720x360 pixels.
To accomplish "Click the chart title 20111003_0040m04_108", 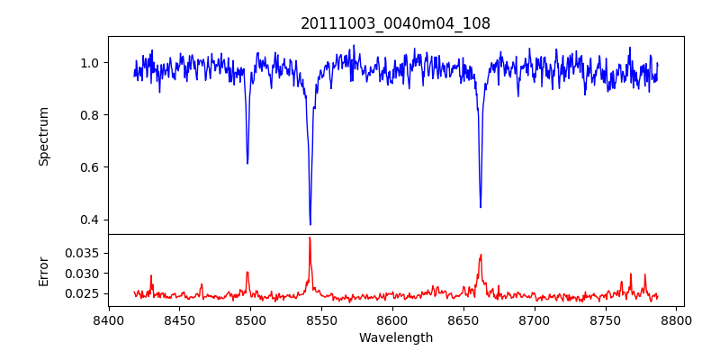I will pyautogui.click(x=395, y=24).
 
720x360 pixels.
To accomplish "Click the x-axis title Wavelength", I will pyautogui.click(x=395, y=337).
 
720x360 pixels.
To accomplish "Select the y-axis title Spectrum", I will pyautogui.click(x=44, y=136).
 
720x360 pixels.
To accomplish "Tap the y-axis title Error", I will pyautogui.click(x=44, y=270).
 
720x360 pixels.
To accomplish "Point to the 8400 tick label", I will pyautogui.click(x=108, y=319).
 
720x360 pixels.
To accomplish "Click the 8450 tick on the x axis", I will pyautogui.click(x=179, y=319).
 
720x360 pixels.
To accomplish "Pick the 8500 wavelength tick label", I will pyautogui.click(x=250, y=319).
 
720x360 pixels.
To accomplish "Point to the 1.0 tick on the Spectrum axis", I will pyautogui.click(x=93, y=63).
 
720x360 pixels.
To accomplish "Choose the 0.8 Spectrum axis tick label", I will pyautogui.click(x=93, y=115).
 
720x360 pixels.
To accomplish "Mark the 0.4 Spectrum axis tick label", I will pyautogui.click(x=93, y=220).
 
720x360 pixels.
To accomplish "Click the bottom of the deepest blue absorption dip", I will pyautogui.click(x=310, y=225).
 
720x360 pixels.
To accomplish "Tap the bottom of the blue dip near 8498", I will pyautogui.click(x=247, y=163).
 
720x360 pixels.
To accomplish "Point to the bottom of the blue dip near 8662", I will pyautogui.click(x=481, y=208).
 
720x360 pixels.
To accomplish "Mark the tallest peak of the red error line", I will pyautogui.click(x=310, y=238).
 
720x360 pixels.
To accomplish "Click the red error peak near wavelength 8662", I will pyautogui.click(x=481, y=255).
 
